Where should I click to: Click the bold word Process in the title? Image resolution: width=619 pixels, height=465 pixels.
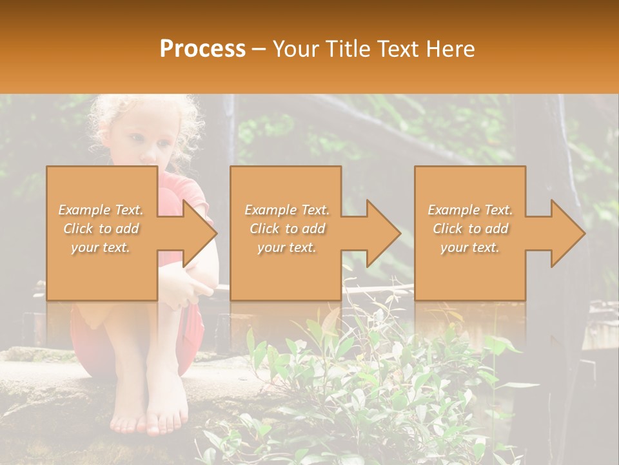202,48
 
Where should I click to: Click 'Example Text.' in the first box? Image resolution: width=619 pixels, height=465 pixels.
101,210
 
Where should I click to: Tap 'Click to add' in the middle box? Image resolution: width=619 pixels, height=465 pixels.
288,229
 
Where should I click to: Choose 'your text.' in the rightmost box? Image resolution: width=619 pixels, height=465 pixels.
470,247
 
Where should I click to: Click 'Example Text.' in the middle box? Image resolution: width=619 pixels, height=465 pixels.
287,210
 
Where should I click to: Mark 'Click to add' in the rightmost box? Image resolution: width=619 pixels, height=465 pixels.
471,229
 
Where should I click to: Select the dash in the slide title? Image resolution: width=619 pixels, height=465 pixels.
259,49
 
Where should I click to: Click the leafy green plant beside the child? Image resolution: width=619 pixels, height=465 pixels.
361,375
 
